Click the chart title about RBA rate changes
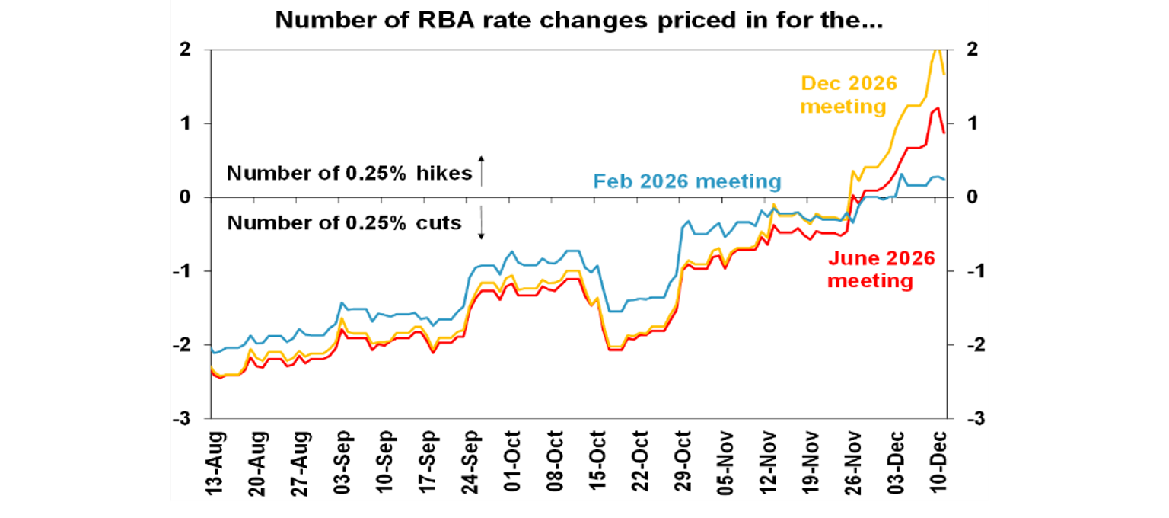[x=578, y=21]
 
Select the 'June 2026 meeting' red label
[x=881, y=270]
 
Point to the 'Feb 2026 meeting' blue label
[x=686, y=181]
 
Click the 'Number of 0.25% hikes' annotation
[x=349, y=173]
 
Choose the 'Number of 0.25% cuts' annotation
[x=344, y=223]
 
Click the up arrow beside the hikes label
[x=481, y=169]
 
